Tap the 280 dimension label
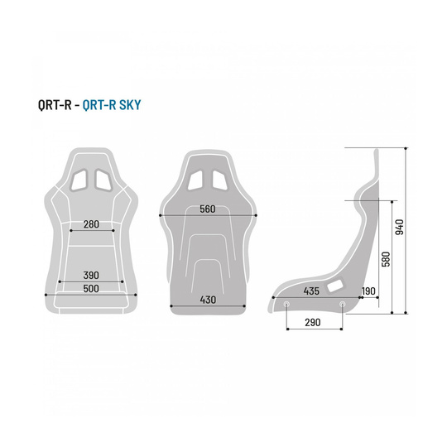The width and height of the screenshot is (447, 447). coord(91,223)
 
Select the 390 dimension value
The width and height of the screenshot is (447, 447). coord(91,274)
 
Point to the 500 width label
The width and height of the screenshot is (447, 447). coord(91,288)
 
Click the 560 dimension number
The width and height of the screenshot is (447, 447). coord(207,209)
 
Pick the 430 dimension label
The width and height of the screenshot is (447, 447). coord(207,300)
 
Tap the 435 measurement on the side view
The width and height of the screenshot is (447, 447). coord(311,291)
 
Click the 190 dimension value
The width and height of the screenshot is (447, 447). coord(368,291)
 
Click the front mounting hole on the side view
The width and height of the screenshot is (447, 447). coord(286,303)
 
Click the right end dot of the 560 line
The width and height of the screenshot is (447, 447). coord(257,215)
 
